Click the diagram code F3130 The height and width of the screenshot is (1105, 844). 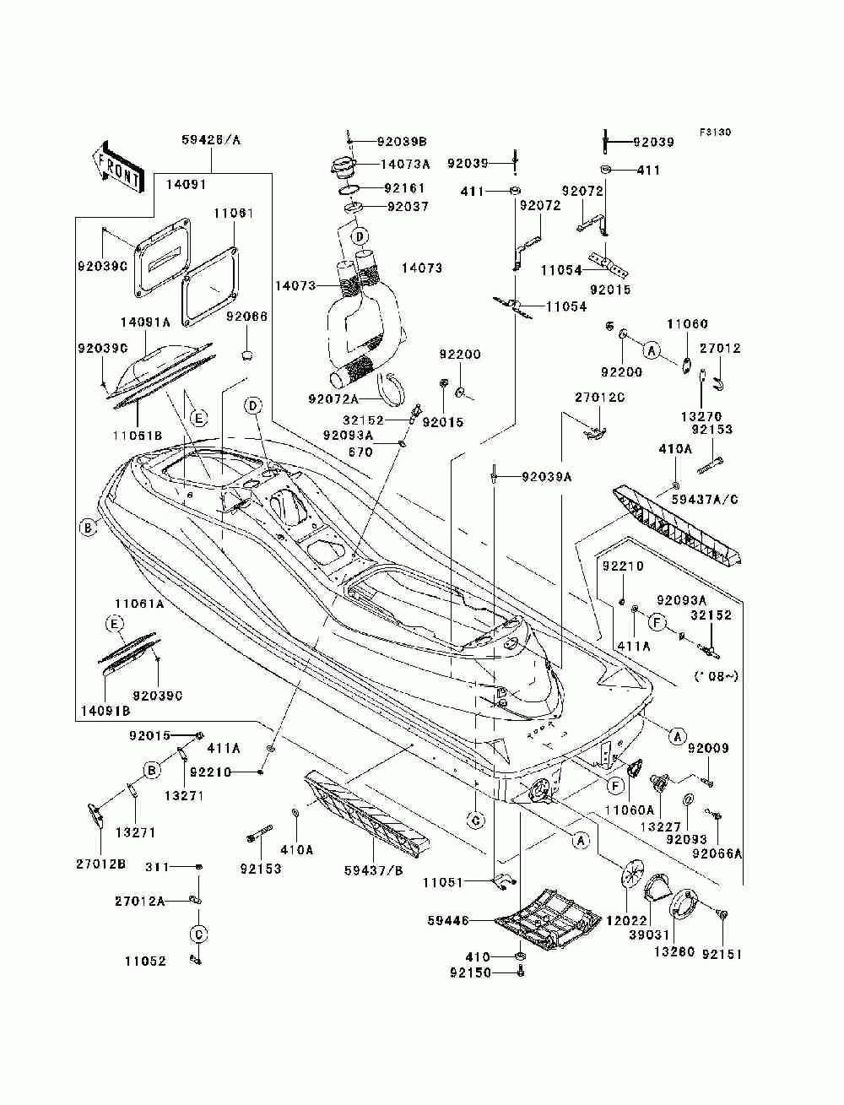(x=714, y=133)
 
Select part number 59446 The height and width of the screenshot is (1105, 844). (x=470, y=921)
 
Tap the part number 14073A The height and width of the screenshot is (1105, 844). (x=405, y=165)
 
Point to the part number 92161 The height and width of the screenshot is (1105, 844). (x=405, y=188)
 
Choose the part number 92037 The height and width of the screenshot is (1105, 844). (x=408, y=206)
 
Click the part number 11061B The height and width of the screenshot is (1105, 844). (x=137, y=413)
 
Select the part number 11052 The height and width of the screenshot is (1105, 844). (x=145, y=961)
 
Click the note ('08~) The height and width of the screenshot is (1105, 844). (x=716, y=675)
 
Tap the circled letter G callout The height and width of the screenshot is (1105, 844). (x=475, y=820)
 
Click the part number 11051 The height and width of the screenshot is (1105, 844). (x=443, y=882)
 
